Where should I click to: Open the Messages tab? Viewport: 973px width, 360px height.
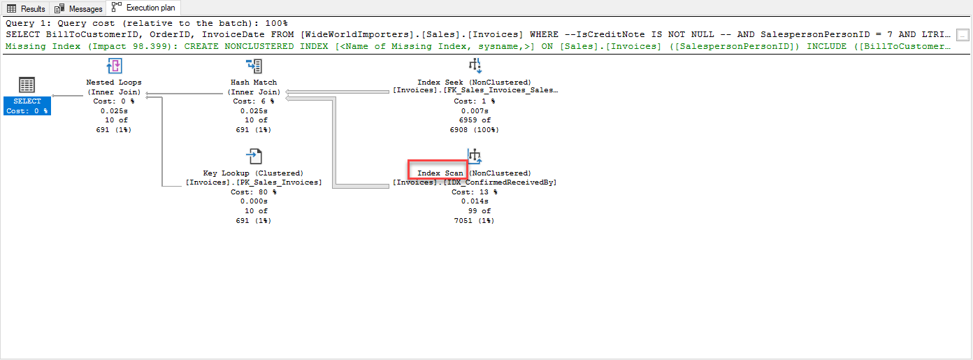click(x=80, y=8)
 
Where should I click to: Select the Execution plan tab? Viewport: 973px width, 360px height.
click(x=144, y=8)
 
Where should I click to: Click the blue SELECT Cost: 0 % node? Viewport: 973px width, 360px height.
click(x=27, y=106)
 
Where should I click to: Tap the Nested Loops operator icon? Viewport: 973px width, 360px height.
click(x=114, y=67)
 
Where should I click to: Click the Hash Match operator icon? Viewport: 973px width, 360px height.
click(x=254, y=67)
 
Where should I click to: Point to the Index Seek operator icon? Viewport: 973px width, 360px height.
click(x=475, y=66)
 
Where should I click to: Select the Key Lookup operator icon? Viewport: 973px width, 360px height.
click(x=254, y=157)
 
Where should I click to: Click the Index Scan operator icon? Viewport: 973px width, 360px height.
click(x=475, y=157)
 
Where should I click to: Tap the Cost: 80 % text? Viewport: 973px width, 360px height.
click(x=253, y=192)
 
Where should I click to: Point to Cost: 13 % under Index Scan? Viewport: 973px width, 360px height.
click(x=474, y=192)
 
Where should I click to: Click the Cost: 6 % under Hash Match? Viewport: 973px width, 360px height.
click(x=254, y=101)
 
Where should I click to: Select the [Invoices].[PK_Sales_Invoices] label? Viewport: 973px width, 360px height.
click(x=254, y=182)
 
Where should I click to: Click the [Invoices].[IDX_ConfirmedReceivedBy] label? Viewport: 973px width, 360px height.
click(x=475, y=182)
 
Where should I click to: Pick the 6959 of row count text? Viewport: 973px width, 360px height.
click(x=475, y=120)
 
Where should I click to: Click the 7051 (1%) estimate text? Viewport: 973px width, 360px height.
click(x=474, y=221)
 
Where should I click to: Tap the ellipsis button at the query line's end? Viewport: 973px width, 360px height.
click(x=963, y=34)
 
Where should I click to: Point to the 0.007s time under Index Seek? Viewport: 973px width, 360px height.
click(x=475, y=111)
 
